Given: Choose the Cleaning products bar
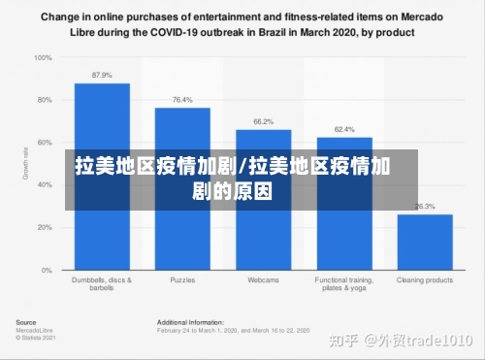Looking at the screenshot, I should (x=425, y=242).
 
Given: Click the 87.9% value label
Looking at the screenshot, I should (x=102, y=75).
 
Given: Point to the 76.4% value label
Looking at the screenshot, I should (x=182, y=100).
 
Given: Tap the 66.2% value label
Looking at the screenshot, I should (x=263, y=121).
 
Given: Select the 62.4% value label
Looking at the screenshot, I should (x=344, y=129).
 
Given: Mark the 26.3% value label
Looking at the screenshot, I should (x=425, y=206).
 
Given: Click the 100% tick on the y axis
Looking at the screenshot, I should (x=44, y=57).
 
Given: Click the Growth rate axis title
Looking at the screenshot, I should (x=26, y=164).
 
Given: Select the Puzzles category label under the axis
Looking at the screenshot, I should (x=182, y=280).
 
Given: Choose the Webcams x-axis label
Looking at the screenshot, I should (x=263, y=280).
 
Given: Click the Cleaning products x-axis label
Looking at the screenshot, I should (x=425, y=280).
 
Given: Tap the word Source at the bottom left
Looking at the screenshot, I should (x=26, y=322).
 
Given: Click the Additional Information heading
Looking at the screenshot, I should (x=190, y=322).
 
